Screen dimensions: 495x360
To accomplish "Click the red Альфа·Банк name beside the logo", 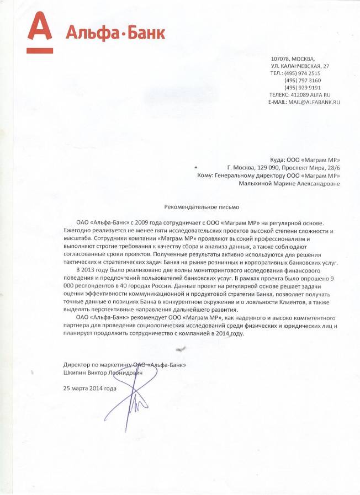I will point(115,33).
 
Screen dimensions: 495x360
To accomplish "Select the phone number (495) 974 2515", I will point(302,73).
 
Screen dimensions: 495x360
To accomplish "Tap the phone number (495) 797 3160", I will point(303,81).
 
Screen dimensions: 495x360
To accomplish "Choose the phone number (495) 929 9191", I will point(303,88).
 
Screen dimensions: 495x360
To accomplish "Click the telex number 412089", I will point(302,95).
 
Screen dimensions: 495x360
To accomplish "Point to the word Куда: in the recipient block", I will point(277,159).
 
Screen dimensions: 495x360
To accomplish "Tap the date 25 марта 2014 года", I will point(90,388).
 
